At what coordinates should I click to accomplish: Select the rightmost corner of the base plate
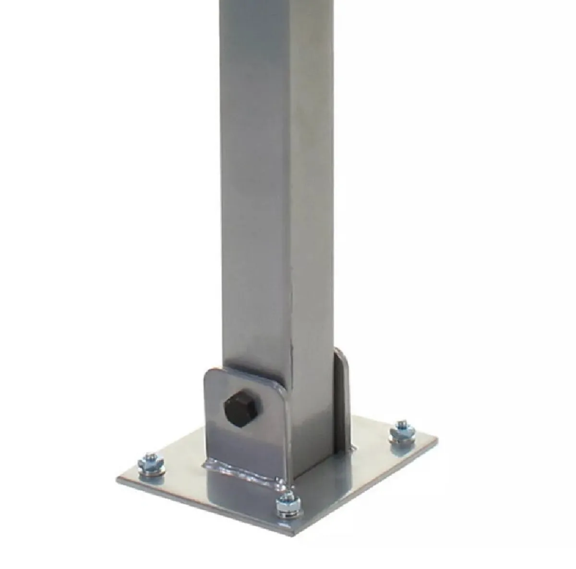click(x=438, y=439)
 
